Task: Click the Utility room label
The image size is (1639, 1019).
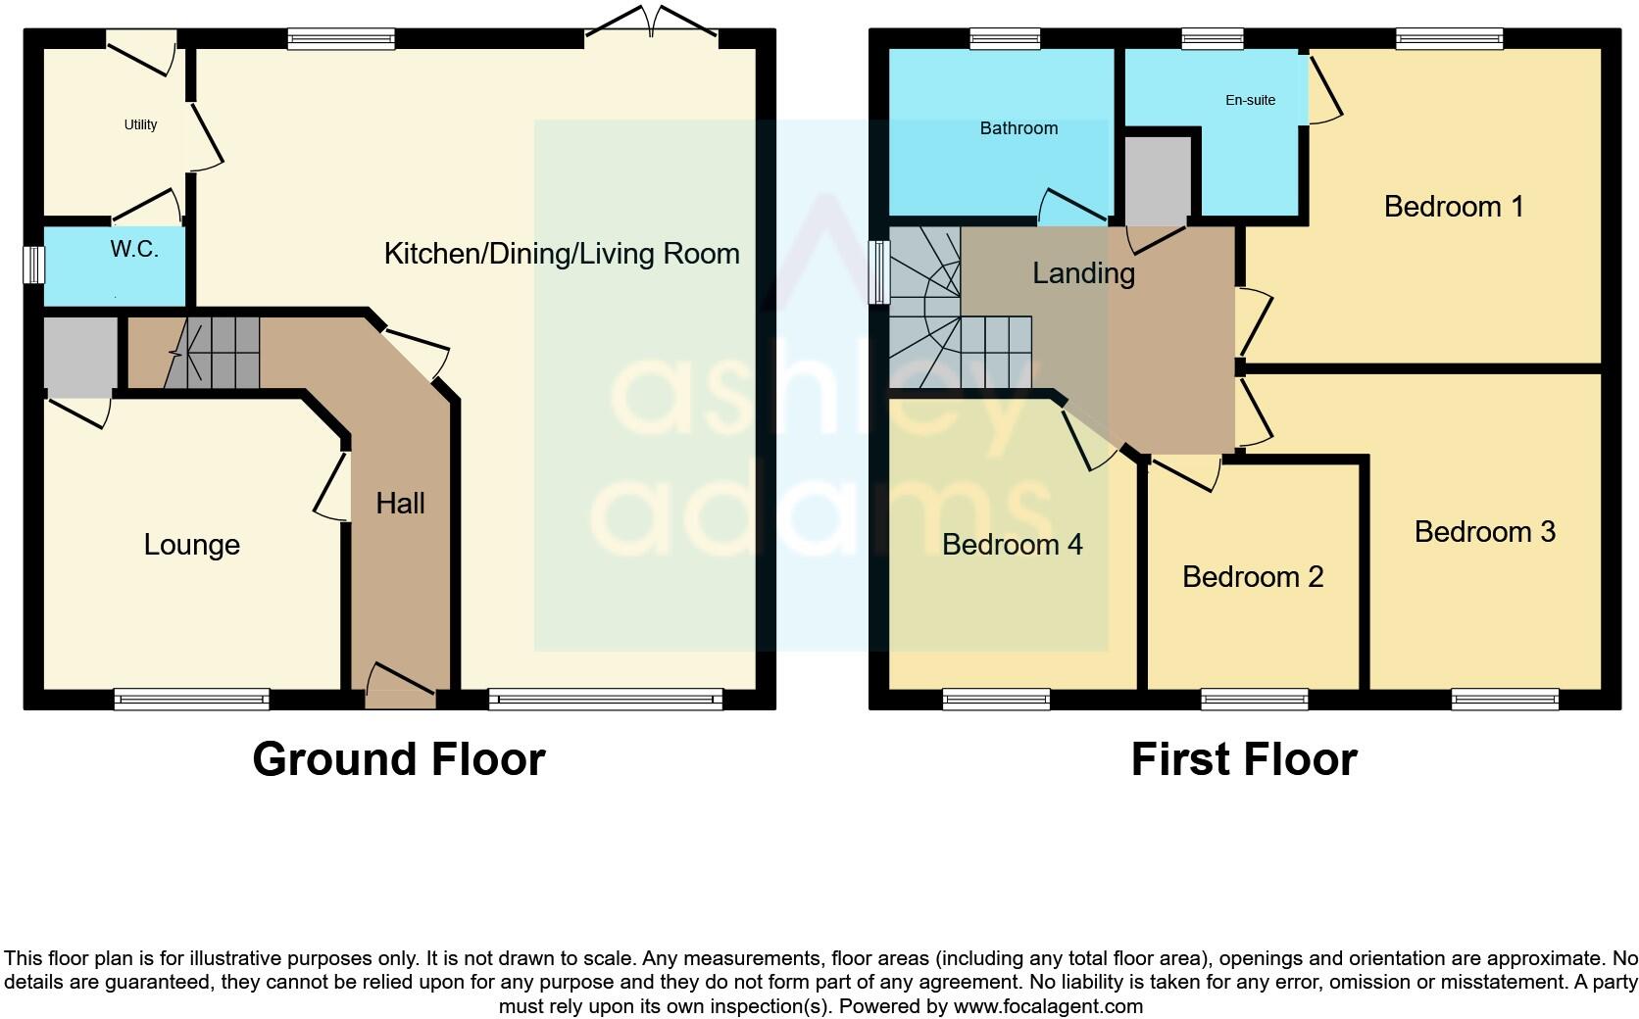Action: point(140,124)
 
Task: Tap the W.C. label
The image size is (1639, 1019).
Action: point(134,249)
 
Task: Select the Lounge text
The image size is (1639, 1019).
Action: point(191,545)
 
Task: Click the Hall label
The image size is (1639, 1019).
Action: point(400,504)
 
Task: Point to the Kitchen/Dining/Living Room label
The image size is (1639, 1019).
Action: point(561,254)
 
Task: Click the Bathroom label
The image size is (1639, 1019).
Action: point(1018,128)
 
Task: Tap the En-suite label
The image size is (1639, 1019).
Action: point(1250,100)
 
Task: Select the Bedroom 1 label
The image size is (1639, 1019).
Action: point(1453,207)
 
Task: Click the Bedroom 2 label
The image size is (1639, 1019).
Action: point(1252,577)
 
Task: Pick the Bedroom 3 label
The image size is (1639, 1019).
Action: point(1484,532)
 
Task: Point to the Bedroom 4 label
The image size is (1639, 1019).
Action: point(1012,545)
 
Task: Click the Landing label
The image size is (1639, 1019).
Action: point(1083,273)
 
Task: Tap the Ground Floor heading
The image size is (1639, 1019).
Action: point(398,759)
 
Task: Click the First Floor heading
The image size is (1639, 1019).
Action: point(1243,759)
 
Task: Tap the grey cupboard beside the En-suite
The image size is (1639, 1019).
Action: point(1157,180)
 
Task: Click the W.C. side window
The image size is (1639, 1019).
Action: point(33,265)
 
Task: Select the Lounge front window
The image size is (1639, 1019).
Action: point(191,699)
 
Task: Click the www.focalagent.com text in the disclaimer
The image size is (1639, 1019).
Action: point(1047,1006)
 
